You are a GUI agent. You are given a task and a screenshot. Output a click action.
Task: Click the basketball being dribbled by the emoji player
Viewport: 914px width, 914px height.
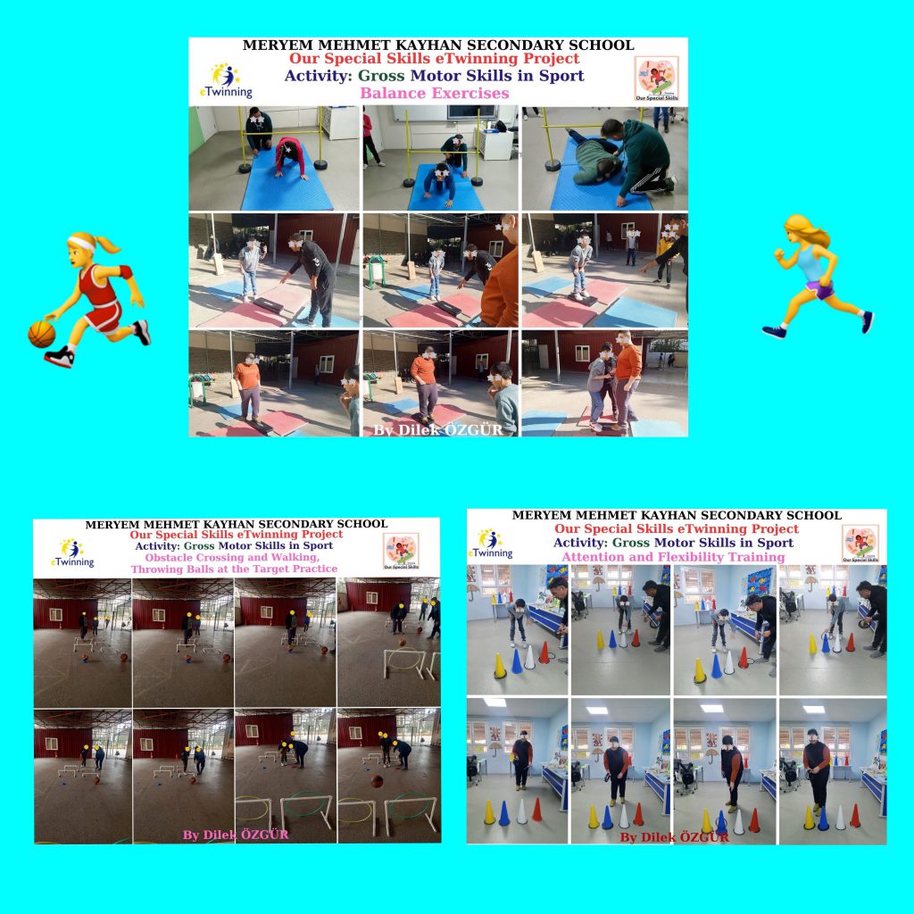point(41,334)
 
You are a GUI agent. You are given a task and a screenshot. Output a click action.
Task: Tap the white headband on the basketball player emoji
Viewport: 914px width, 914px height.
point(83,244)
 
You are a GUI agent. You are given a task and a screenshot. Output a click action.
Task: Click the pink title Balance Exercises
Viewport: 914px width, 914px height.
point(434,93)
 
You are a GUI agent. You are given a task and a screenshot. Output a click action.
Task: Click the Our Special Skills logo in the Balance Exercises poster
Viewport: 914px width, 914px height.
point(655,79)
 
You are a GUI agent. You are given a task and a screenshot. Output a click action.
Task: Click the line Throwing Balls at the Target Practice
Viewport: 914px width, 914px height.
point(234,569)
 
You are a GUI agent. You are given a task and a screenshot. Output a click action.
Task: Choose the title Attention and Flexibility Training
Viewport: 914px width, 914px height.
point(673,557)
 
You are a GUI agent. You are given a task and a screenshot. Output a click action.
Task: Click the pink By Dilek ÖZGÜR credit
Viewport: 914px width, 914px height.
point(236,835)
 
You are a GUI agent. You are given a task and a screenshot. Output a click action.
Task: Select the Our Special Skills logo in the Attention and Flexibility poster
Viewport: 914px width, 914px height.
point(860,544)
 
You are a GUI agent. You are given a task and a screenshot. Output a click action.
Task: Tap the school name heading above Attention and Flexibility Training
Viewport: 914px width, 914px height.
point(676,515)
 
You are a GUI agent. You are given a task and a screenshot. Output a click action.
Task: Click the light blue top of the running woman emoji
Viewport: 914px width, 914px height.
point(810,263)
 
